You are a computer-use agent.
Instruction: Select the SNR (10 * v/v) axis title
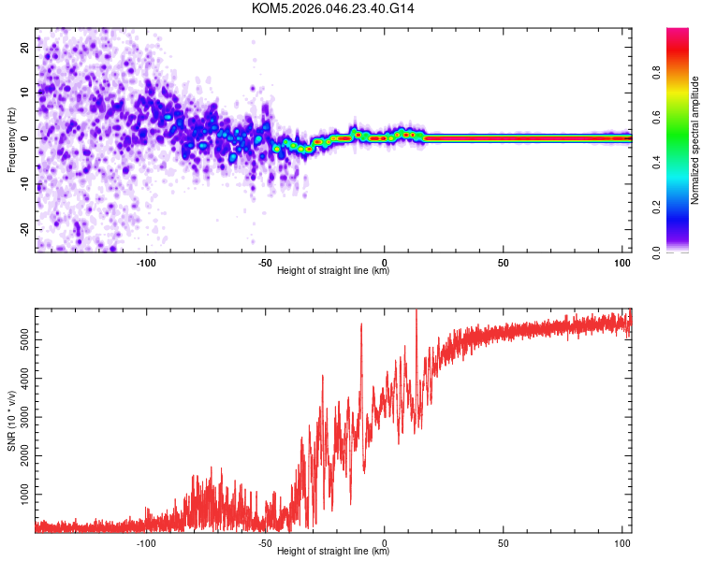click(x=11, y=421)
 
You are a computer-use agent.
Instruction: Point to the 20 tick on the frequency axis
click(x=26, y=46)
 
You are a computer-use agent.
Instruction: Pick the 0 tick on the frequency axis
click(x=29, y=137)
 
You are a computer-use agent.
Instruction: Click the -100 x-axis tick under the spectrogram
click(x=146, y=261)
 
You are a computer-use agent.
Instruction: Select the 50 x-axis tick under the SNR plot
click(x=504, y=541)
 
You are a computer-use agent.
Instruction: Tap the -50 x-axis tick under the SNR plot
click(x=265, y=541)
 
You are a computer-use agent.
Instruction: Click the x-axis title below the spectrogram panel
click(x=333, y=271)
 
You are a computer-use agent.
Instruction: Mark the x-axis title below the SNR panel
click(x=333, y=552)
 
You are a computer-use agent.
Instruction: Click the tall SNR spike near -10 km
click(x=361, y=325)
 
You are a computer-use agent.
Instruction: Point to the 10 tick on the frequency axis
click(x=26, y=92)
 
